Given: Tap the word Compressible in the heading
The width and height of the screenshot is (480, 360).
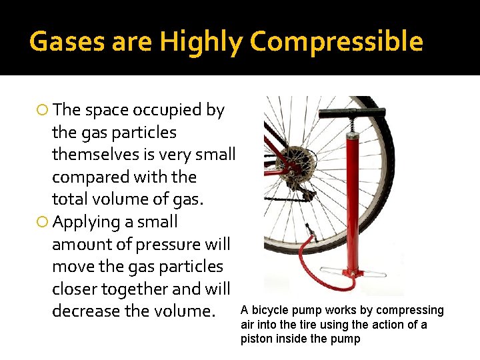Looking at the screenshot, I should (337, 42).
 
